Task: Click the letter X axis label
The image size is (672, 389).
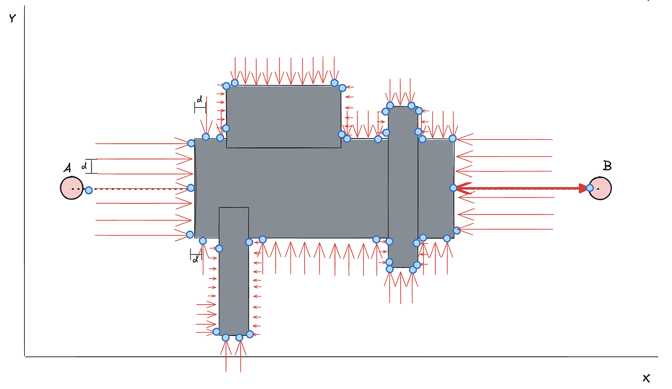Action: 646,378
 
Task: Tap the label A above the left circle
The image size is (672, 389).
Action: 67,169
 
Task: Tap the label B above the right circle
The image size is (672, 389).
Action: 607,166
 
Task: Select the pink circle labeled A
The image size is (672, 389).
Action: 71,188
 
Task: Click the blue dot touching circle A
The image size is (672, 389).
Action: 89,190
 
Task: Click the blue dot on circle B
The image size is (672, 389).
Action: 590,188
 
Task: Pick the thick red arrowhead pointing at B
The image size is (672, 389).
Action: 582,188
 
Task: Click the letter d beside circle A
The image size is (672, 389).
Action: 84,166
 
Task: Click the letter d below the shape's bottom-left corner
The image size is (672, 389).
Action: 195,259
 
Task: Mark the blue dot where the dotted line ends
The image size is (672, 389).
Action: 191,188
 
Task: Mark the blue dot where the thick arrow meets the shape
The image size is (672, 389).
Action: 453,188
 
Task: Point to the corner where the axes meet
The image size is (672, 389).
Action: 25,356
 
